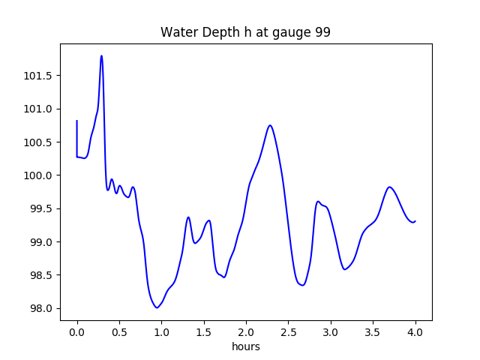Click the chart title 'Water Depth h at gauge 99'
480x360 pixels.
(x=245, y=33)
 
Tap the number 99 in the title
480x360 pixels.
(x=322, y=33)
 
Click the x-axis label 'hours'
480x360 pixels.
(x=246, y=347)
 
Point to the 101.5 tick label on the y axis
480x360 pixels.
(x=37, y=76)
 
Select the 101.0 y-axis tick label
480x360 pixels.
(x=37, y=109)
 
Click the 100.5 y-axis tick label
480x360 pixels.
(x=37, y=142)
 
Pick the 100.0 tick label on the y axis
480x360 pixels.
(x=37, y=175)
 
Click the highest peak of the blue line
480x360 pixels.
(x=101, y=55)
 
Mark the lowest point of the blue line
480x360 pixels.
(x=157, y=307)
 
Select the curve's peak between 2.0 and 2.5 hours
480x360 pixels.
(x=270, y=125)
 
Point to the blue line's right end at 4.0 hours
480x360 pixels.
(x=415, y=221)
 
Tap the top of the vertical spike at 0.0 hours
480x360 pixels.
(x=77, y=121)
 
